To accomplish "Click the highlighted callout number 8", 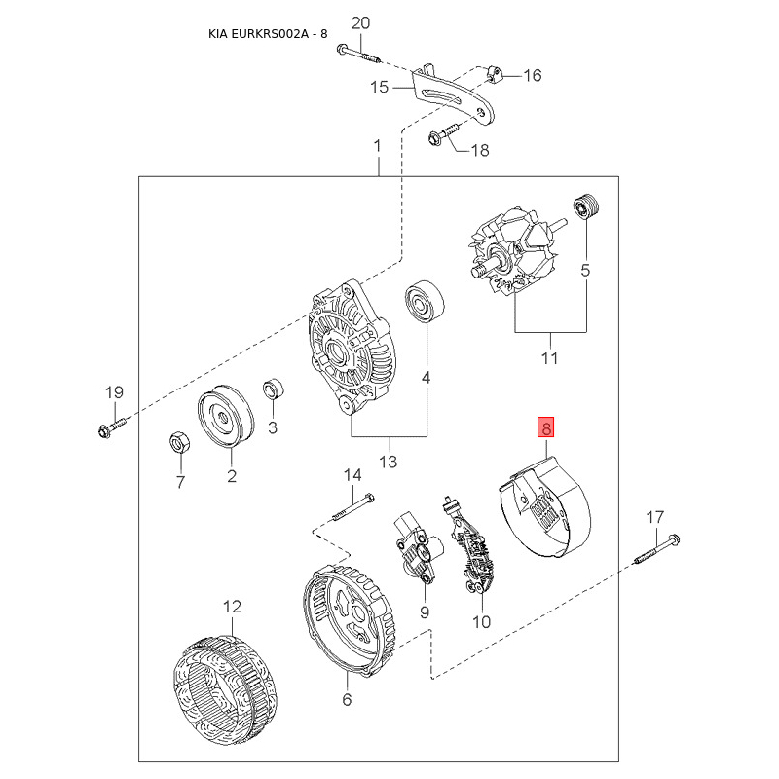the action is click(x=545, y=427).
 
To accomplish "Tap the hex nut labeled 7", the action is click(x=178, y=442).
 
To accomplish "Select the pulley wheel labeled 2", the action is click(x=226, y=416).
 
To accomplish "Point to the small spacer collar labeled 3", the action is click(x=273, y=388).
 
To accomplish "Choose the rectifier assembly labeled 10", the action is click(x=471, y=545).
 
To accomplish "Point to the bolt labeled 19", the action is click(x=113, y=427).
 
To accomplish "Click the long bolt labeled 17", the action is click(x=656, y=549).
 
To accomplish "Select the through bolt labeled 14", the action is click(x=352, y=507).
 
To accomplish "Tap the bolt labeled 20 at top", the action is click(x=358, y=55).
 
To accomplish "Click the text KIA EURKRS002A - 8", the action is click(x=268, y=34).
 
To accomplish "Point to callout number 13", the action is click(x=389, y=462).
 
